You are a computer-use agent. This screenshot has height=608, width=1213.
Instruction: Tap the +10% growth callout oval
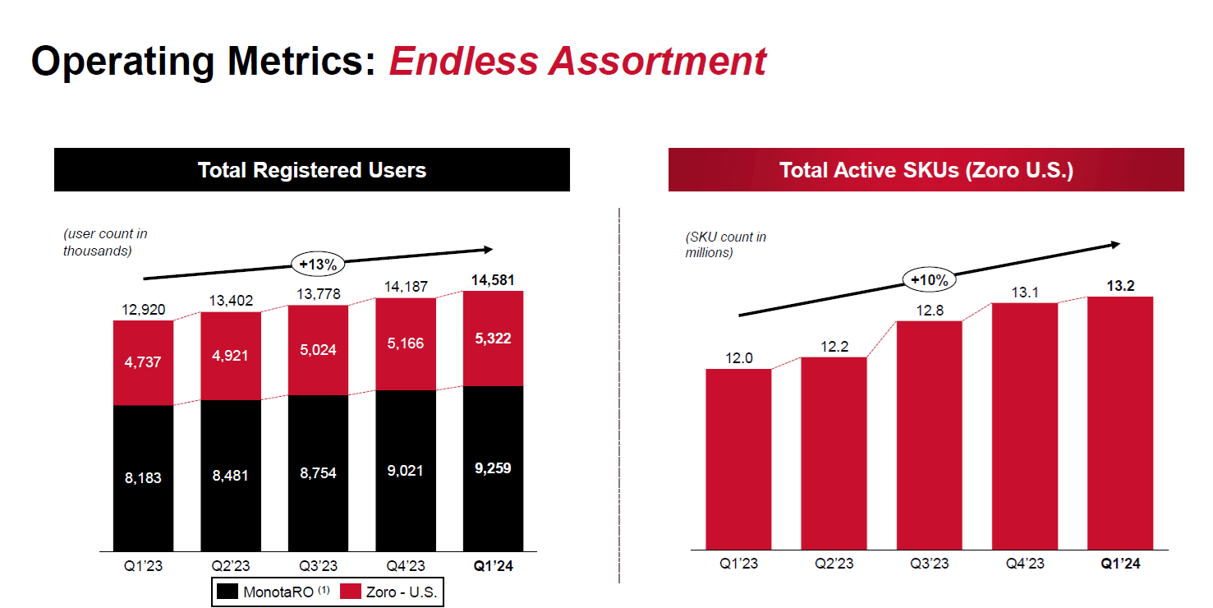point(930,279)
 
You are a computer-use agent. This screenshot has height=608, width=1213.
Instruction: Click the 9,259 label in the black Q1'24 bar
point(493,469)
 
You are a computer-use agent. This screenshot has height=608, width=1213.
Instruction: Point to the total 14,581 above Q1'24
point(493,280)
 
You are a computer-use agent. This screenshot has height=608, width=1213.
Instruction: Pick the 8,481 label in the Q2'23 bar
point(231,475)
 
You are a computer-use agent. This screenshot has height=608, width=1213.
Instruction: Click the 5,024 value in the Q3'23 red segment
point(318,350)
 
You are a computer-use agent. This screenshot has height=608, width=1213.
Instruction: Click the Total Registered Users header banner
point(312,170)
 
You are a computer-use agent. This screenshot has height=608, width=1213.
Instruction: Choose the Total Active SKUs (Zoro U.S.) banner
point(926,170)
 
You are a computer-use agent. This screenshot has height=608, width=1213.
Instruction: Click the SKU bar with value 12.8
point(929,435)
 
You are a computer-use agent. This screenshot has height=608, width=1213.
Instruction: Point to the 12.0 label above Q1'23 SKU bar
point(738,358)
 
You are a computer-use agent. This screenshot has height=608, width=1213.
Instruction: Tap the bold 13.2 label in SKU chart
point(1120,285)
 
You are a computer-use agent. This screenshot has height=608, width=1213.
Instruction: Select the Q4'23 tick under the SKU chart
point(1024,564)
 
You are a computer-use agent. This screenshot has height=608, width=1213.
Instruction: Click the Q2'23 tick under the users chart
point(231,566)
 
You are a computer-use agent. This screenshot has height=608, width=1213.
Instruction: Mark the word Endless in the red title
point(464,62)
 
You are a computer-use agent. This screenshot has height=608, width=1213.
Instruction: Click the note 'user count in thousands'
point(105,242)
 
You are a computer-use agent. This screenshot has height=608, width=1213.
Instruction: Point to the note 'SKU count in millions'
point(726,245)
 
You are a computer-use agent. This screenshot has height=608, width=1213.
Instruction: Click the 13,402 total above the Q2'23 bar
point(231,301)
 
